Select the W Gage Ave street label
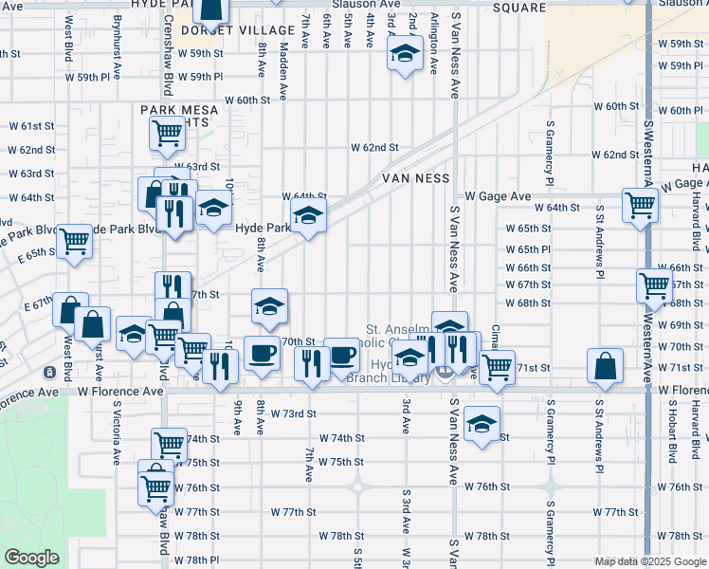pos(497,196)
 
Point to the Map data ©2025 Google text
pos(649,561)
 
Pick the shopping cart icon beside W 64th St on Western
pos(640,203)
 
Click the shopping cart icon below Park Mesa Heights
pos(167,135)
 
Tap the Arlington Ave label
pos(434,44)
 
